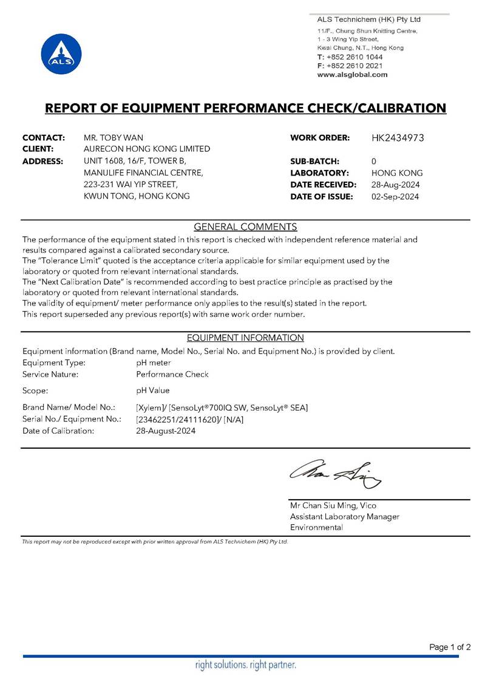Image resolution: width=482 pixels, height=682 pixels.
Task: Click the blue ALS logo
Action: pos(61,54)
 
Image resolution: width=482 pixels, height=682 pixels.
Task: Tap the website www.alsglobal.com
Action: pos(352,75)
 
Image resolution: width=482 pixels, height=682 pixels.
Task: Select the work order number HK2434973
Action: pos(397,138)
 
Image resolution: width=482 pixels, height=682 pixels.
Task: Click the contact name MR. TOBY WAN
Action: pos(113,138)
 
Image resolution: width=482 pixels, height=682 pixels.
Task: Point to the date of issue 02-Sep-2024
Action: pos(395,196)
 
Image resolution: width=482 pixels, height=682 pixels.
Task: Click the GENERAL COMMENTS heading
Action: pos(245,227)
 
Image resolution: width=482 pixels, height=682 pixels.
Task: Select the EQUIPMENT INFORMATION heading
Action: pos(245,338)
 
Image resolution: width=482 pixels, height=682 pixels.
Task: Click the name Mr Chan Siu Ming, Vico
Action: pos(333,505)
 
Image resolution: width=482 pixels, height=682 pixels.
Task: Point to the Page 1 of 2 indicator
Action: pos(450,647)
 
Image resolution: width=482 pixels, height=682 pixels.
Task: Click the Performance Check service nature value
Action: pos(172,374)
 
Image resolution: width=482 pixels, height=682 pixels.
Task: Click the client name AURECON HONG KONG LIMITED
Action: pos(146,149)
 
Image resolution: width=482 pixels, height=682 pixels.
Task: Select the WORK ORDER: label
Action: pos(320,138)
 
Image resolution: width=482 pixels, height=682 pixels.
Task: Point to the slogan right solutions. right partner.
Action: pos(245,665)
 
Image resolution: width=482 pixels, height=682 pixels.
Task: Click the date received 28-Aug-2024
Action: pos(395,185)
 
